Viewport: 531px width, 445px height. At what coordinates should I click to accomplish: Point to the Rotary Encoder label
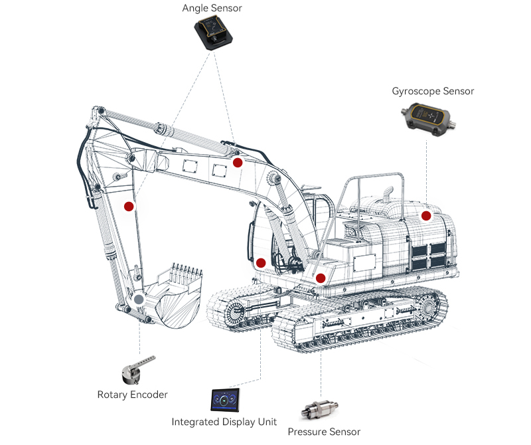(x=133, y=395)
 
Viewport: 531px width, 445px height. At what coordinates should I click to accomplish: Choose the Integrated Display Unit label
(x=224, y=422)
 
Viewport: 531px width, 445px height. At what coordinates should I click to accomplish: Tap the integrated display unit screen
(x=229, y=400)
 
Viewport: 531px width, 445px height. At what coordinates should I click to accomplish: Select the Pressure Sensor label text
(x=324, y=432)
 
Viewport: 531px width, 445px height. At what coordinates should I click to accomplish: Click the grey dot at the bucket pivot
(x=138, y=300)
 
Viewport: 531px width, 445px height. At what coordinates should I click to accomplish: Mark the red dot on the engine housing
(x=426, y=216)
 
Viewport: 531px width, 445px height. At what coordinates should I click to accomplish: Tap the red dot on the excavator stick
(x=129, y=206)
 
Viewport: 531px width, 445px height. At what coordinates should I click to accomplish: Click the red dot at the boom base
(x=261, y=263)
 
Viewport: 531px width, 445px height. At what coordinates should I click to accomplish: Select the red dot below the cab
(x=321, y=278)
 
